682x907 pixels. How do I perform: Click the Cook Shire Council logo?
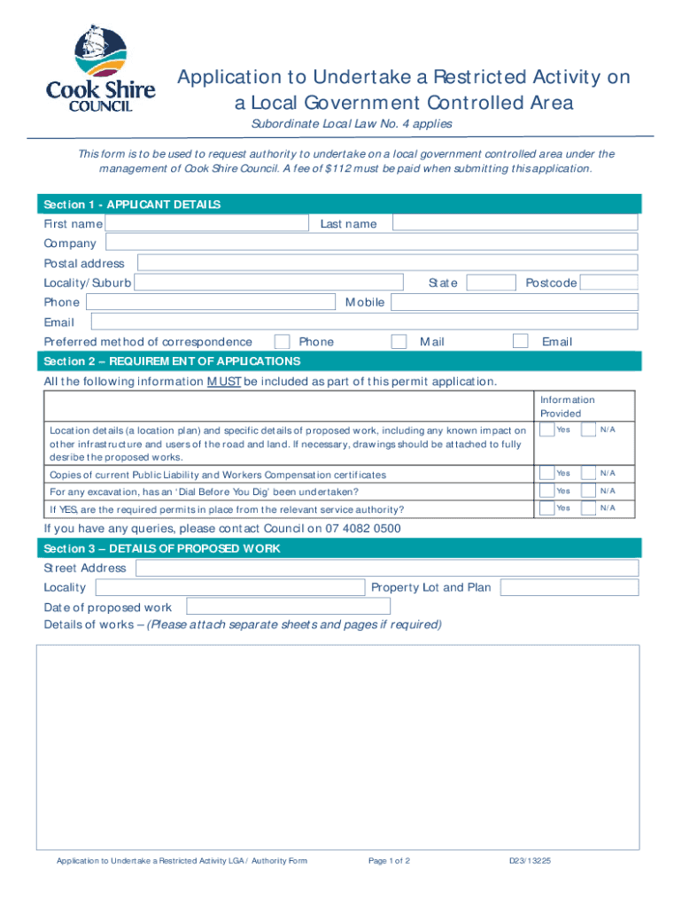tap(100, 69)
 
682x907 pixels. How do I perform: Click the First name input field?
tap(206, 223)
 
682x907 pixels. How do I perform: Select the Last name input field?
tap(515, 223)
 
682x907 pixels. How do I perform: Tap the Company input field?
tap(371, 243)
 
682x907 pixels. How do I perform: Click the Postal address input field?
tap(387, 263)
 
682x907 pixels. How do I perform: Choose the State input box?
tap(491, 283)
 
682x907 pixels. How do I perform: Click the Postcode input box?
tap(608, 283)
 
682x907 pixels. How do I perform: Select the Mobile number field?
tap(514, 302)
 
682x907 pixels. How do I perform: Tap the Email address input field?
tap(364, 322)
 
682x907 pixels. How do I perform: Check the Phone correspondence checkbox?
tap(282, 342)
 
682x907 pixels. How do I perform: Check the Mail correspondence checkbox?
tap(399, 342)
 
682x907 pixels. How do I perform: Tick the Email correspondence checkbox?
tap(521, 342)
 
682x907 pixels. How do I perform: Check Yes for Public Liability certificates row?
tap(547, 473)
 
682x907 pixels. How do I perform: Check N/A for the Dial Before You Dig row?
tap(588, 491)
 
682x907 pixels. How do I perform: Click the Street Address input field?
tap(385, 568)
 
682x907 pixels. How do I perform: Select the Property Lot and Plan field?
tap(569, 587)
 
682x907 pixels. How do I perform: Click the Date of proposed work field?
tap(288, 607)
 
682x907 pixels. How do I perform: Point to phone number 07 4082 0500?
tap(365, 529)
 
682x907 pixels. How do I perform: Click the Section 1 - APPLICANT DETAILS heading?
tap(132, 205)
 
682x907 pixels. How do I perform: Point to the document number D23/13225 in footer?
tap(530, 861)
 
